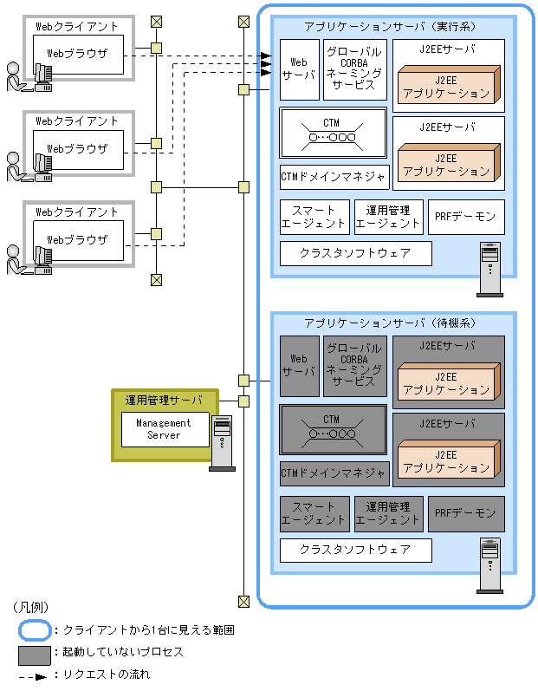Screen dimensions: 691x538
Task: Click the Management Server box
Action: [x=164, y=428]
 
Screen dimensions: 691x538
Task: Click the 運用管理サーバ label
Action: [x=164, y=400]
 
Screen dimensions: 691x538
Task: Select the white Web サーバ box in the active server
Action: [x=299, y=68]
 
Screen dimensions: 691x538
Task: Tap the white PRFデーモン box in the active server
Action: [x=466, y=217]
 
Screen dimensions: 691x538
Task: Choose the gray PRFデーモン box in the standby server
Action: [x=466, y=513]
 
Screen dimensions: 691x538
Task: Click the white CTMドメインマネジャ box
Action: [x=334, y=177]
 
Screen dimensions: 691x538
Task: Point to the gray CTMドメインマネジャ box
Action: [x=334, y=473]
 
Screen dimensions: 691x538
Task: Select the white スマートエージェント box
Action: [x=314, y=217]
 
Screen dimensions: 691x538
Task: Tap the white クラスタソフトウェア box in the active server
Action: [x=355, y=253]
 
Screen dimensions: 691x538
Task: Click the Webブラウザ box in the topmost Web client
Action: [x=78, y=54]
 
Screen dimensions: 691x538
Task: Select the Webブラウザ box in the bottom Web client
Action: [x=78, y=239]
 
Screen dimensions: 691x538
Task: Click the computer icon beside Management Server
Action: [x=223, y=442]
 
